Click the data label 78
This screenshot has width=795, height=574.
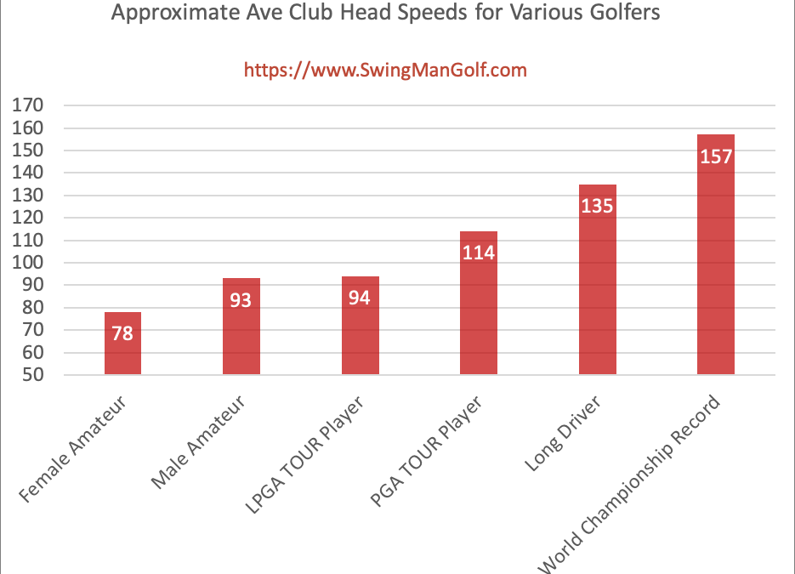click(122, 333)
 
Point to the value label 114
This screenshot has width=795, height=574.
click(478, 253)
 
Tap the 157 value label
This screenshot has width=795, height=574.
click(715, 156)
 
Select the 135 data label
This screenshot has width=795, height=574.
click(597, 206)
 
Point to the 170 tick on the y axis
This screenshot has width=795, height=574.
click(28, 106)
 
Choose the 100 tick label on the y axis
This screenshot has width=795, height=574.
click(28, 263)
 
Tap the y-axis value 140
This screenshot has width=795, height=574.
click(28, 173)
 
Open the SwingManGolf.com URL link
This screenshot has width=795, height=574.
click(385, 70)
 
